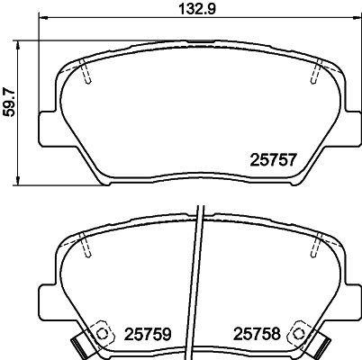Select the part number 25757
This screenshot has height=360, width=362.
(271, 161)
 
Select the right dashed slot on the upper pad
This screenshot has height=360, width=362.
(317, 71)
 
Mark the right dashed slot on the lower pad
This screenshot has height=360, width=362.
(317, 244)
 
